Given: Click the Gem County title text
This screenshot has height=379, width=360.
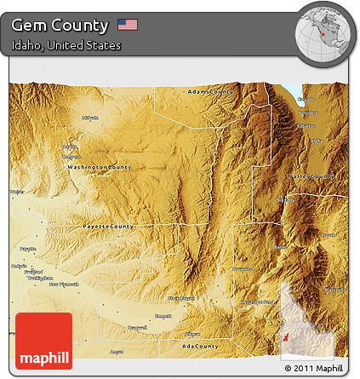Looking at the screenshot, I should click(60, 25).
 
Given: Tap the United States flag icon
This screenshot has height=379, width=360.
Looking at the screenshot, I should click(128, 25).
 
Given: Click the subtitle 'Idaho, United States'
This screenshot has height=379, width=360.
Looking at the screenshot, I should click(66, 45).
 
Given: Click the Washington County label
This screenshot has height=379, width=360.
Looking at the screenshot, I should click(100, 167).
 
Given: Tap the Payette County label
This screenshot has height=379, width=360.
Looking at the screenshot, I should click(108, 227).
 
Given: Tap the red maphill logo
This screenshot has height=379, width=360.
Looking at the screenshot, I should click(43, 341).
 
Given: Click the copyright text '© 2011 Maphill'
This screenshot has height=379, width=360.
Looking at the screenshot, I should click(315, 368).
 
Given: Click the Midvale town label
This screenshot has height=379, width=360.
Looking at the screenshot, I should click(90, 118).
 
